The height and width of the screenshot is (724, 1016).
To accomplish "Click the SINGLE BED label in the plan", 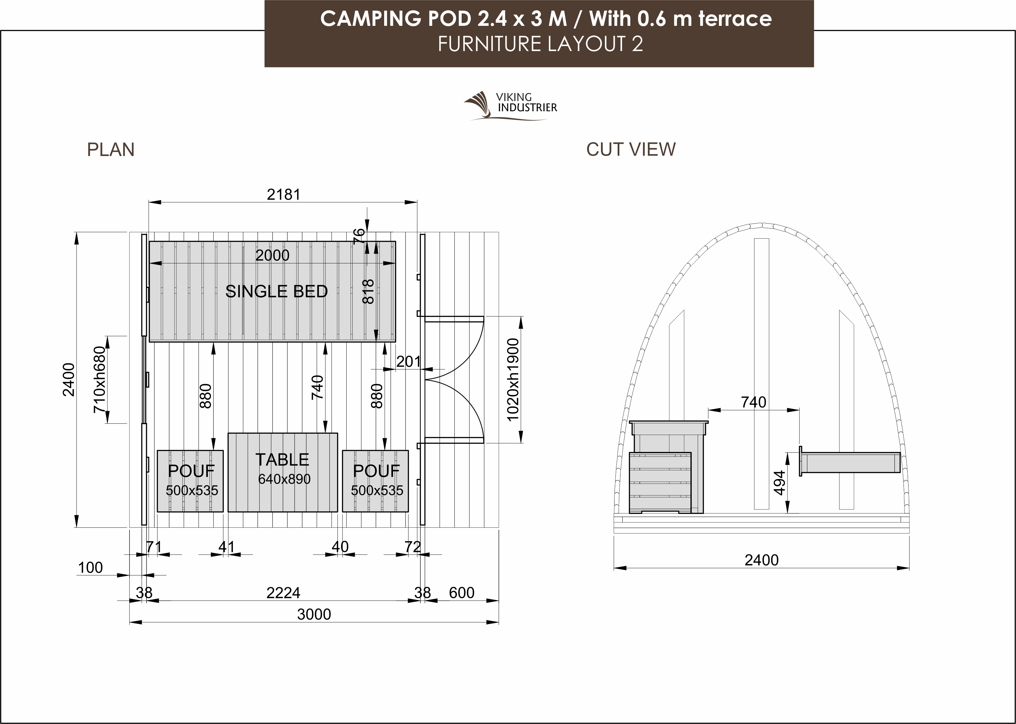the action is coord(276,291).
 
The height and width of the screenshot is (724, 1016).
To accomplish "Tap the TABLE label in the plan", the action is coord(282,460).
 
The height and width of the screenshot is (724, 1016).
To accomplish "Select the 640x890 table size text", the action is coord(284,479).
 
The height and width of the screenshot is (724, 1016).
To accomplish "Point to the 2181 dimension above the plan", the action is coord(283,194).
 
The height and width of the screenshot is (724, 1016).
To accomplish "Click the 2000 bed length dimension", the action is coord(272,255).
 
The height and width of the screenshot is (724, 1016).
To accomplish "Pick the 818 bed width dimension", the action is coord(368,292).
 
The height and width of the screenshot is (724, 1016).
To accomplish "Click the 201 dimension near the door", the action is coord(408,362).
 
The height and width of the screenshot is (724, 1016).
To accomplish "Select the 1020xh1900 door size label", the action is coord(513,380).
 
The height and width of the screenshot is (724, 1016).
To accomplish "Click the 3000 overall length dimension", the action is coord(314,614).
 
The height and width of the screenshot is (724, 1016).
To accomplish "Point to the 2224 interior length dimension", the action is coord(283,593).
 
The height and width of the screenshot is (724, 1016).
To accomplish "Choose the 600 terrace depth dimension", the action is coord(462,593).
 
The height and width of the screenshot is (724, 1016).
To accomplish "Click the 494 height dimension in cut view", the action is coord(779,483).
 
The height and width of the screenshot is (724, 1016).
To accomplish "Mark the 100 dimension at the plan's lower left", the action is coord(90,568).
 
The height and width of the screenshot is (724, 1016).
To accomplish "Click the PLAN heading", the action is coord(111,150).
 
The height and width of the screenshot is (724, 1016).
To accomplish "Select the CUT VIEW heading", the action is coord(631,150).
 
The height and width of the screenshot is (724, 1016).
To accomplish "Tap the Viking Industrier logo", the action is coord(510,106).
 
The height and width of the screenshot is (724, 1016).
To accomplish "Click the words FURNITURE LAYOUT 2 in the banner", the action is coord(540,44).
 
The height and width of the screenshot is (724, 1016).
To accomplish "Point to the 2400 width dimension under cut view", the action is coord(762,560).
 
